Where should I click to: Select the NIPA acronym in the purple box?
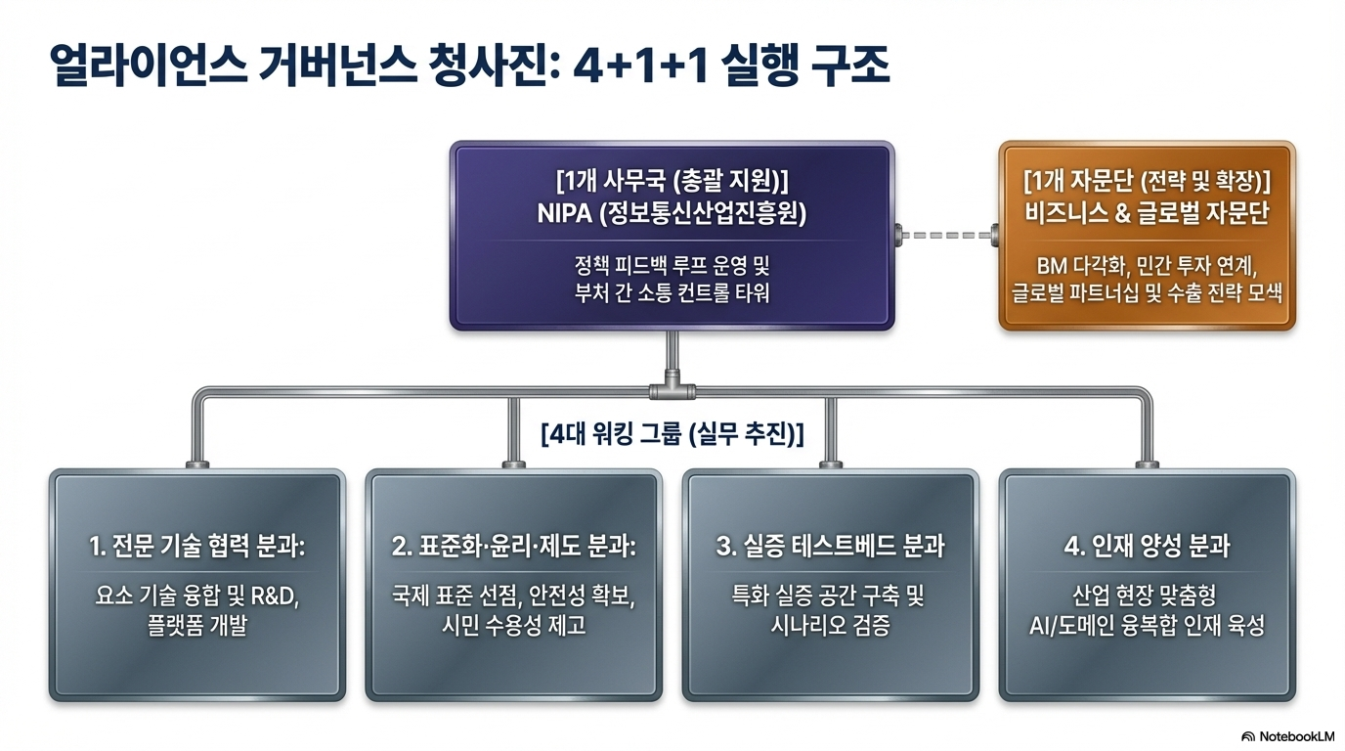pyautogui.click(x=567, y=214)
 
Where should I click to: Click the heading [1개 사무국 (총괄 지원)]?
pyautogui.click(x=672, y=181)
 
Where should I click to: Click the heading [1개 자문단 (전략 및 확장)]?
pyautogui.click(x=1147, y=182)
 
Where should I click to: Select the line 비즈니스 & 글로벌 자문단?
pyautogui.click(x=1147, y=214)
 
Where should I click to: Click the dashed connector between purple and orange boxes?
pyautogui.click(x=945, y=235)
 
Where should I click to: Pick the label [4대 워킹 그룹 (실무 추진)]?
pyautogui.click(x=672, y=433)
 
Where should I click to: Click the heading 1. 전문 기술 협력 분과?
pyautogui.click(x=196, y=547)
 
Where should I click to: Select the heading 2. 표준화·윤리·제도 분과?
pyautogui.click(x=513, y=547)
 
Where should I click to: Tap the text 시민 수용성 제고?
pyautogui.click(x=513, y=626)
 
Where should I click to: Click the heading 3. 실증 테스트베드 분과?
pyautogui.click(x=830, y=547)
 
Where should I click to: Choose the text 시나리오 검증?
pyautogui.click(x=830, y=626)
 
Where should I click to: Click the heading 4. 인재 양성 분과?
pyautogui.click(x=1147, y=547)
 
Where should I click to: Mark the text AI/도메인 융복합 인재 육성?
pyautogui.click(x=1147, y=626)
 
